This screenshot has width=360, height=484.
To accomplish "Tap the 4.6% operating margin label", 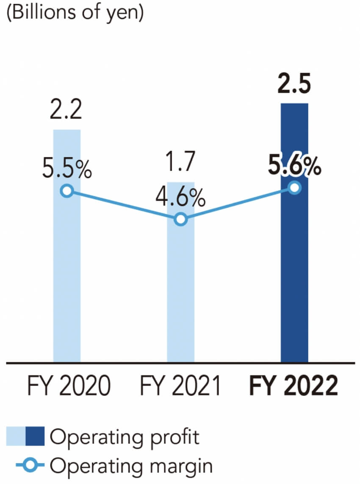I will point(181,197).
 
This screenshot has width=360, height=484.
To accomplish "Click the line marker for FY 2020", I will point(66,191).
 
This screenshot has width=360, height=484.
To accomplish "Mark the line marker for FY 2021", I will point(181,219).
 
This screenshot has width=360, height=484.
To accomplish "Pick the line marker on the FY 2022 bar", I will point(294,187).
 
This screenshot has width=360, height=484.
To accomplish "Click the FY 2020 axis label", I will point(68,386).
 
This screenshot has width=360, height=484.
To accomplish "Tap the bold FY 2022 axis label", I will point(294,386).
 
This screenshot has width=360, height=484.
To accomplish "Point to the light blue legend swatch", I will point(16,437).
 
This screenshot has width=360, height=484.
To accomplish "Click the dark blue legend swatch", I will point(35,437).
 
